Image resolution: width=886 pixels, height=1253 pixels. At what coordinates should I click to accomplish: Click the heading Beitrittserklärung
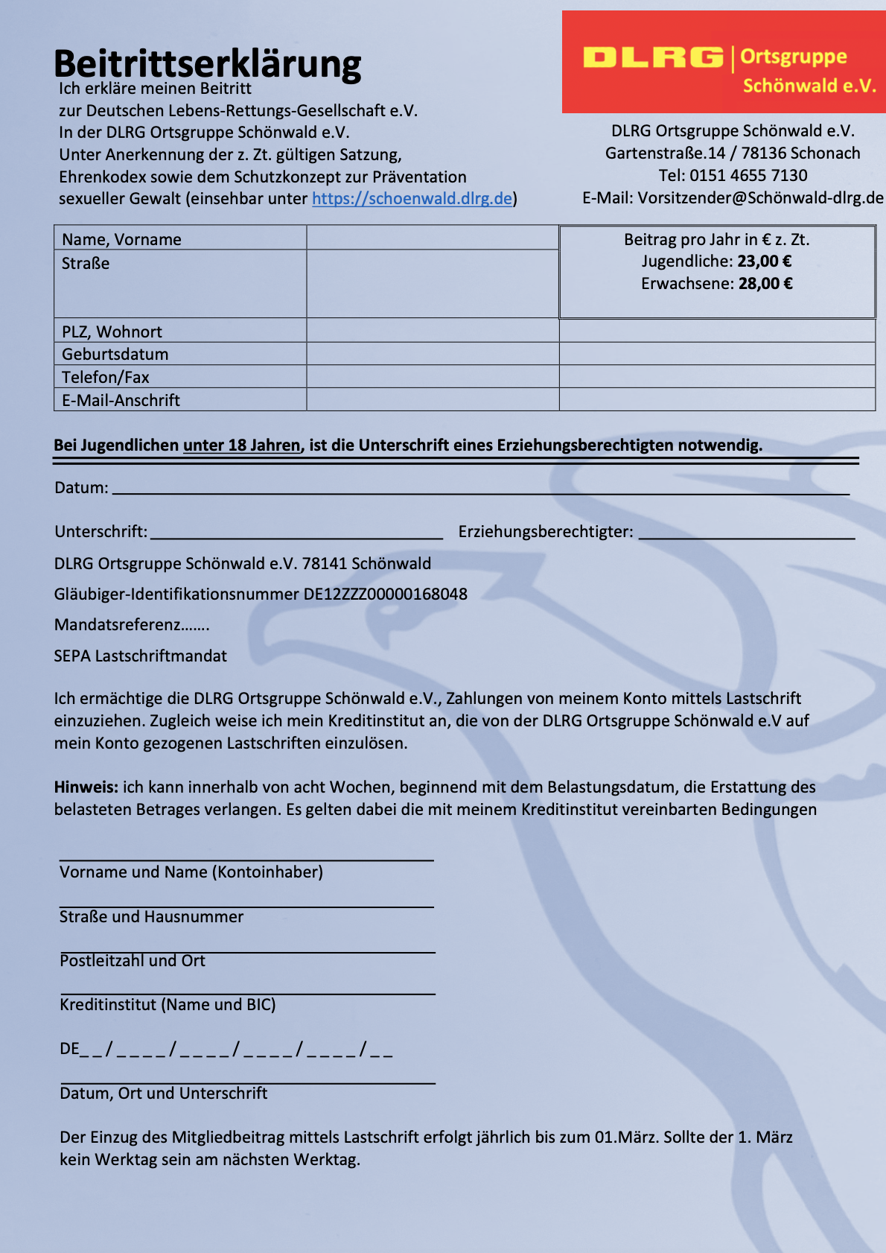[x=207, y=63]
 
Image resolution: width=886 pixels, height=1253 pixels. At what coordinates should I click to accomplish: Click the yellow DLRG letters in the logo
[x=653, y=57]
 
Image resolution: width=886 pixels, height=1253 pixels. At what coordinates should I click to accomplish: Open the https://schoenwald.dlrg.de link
[x=412, y=199]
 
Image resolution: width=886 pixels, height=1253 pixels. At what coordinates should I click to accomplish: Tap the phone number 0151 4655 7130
[x=748, y=176]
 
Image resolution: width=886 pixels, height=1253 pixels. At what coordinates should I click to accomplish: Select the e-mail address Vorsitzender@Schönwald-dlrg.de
[x=760, y=198]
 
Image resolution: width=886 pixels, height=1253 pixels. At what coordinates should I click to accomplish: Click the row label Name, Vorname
[x=121, y=239]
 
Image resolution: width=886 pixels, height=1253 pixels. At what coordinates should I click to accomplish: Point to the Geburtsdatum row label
[x=115, y=354]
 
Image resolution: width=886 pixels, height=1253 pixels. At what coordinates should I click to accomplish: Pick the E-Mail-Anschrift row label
[x=121, y=400]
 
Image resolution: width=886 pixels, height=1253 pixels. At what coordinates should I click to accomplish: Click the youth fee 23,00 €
[x=765, y=261]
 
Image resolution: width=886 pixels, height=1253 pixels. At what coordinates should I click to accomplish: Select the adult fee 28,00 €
[x=765, y=284]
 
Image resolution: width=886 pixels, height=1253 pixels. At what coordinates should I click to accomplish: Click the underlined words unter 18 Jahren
[x=241, y=445]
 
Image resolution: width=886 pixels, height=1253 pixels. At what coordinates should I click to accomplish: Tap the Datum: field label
[x=81, y=488]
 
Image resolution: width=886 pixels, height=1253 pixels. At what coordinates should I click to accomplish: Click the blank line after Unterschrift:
[x=296, y=533]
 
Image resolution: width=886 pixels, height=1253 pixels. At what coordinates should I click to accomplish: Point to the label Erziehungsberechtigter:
[x=546, y=532]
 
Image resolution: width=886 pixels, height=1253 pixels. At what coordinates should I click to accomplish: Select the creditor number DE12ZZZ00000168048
[x=385, y=594]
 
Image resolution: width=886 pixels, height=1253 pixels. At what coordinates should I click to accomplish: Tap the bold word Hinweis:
[x=86, y=787]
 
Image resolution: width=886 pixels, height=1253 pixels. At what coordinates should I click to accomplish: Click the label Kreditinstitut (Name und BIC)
[x=168, y=1005]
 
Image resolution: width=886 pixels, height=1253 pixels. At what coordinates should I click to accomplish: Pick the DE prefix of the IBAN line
[x=69, y=1049]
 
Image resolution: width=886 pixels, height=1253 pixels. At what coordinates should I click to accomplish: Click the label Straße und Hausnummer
[x=151, y=917]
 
